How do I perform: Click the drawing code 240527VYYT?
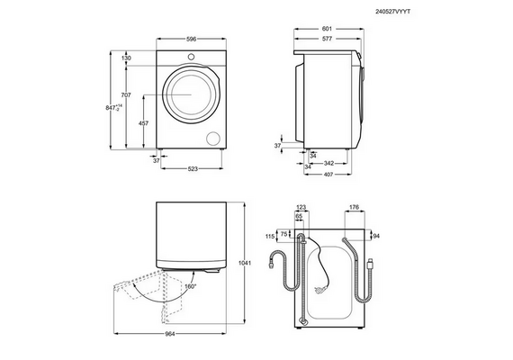[392, 12]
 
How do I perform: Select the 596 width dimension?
[191, 39]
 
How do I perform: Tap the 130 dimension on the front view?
[126, 58]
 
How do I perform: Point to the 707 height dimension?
[126, 94]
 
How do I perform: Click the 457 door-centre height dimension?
[144, 123]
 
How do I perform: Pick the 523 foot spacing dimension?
[193, 169]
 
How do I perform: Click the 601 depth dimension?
[327, 29]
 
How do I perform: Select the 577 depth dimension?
[327, 39]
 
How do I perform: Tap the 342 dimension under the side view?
[328, 163]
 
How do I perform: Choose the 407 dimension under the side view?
[328, 175]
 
